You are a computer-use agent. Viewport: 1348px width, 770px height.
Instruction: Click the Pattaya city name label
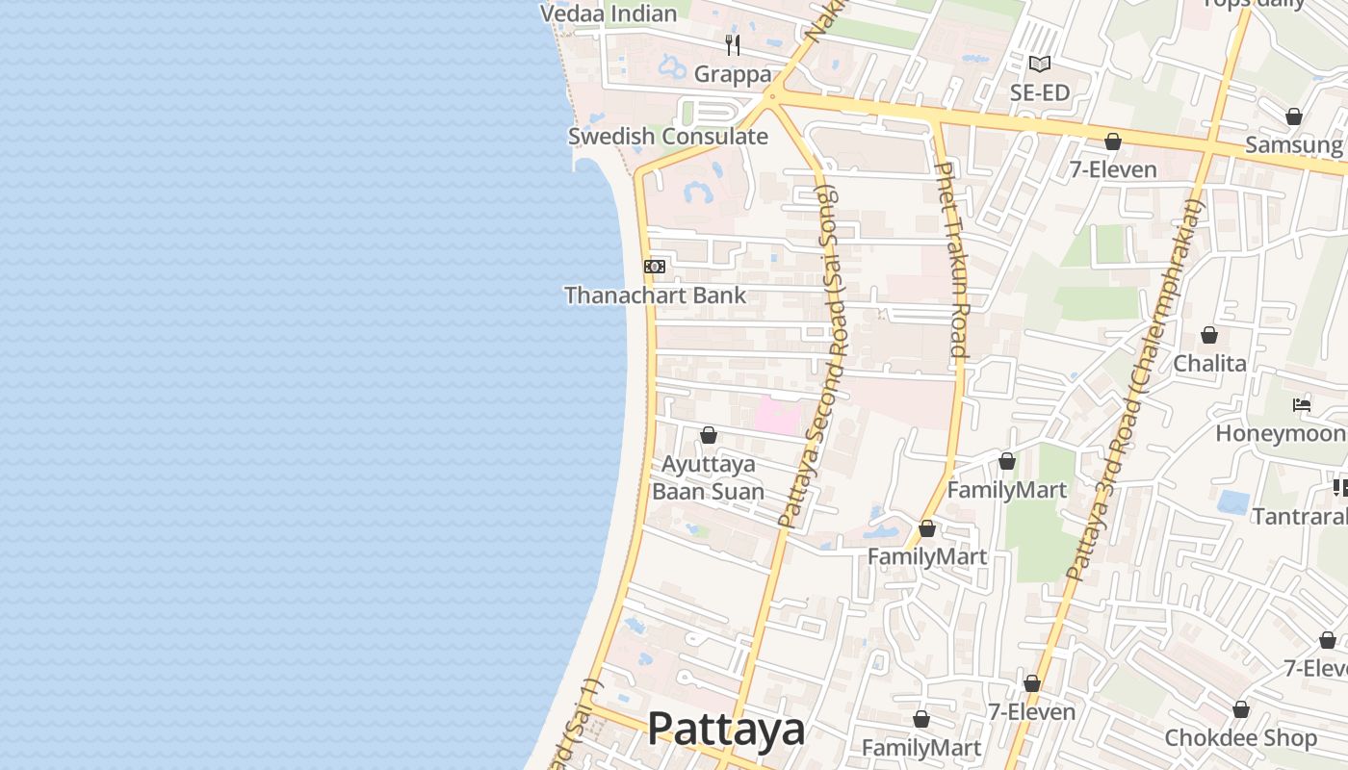(726, 730)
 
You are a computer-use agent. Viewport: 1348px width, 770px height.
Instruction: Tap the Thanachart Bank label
(655, 295)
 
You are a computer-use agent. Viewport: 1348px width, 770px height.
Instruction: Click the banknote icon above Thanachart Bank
(655, 267)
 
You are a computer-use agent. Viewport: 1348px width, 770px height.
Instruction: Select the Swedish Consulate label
(667, 137)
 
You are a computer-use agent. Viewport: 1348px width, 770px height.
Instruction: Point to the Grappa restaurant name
(733, 74)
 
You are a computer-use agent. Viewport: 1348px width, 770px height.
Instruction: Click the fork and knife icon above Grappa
(733, 45)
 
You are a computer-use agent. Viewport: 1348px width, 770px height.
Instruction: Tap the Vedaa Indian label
(609, 13)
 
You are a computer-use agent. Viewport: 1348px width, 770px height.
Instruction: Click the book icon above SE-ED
(1039, 64)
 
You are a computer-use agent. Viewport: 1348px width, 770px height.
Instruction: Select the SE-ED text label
(1040, 93)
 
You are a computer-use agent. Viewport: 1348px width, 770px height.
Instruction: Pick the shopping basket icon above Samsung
(1293, 116)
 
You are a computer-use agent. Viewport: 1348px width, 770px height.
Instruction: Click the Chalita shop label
(1209, 364)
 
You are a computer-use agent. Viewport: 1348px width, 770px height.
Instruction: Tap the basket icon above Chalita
(1209, 335)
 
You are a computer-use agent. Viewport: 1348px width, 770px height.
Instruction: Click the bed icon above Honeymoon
(1302, 405)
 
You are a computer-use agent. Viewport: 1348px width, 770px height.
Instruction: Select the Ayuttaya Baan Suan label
(709, 478)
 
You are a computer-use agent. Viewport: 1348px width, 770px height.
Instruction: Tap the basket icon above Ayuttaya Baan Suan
(709, 436)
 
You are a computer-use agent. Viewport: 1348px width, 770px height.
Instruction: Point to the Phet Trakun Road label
(949, 260)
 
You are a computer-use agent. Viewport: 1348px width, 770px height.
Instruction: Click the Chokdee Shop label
(1240, 738)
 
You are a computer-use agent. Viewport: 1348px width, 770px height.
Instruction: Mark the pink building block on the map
(777, 417)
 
